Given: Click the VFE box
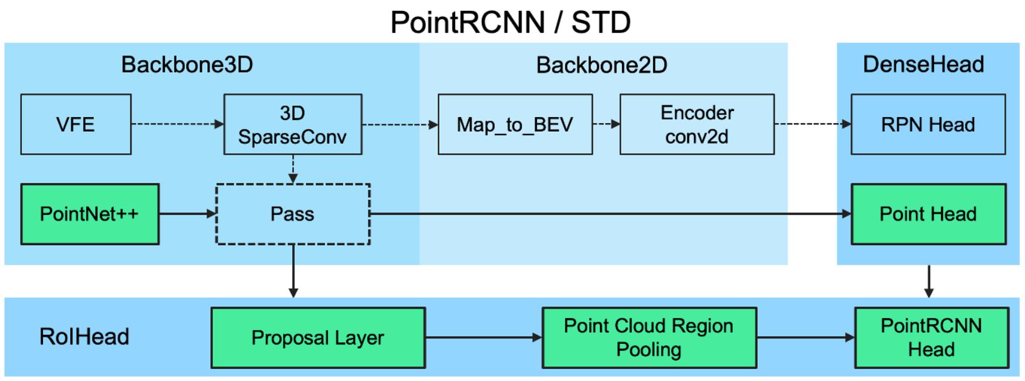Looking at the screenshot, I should pos(76,124).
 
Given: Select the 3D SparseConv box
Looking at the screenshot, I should pos(293,124).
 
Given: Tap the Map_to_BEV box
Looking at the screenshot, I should pos(515,124).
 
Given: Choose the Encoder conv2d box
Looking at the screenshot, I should pos(697,124).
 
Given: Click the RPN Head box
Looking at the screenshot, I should pos(928,124).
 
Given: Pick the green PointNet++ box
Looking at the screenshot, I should pos(90,214).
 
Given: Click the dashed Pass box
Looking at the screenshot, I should pos(293,214).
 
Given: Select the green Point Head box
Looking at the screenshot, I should pos(928,214).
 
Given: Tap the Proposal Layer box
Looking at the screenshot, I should pos(318,338).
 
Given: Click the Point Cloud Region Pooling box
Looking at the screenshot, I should pos(649,338).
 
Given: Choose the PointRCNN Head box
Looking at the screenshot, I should pos(932,338).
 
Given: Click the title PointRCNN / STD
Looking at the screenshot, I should pos(510,22).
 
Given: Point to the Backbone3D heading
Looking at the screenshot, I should pos(187,65).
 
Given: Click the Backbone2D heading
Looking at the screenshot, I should pos(601,65).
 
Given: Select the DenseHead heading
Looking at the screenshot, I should pos(923,64).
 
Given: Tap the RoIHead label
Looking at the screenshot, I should pos(84,337).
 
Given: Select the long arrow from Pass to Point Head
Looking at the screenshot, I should pos(606,214).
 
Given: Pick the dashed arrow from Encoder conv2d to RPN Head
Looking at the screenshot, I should pos(812,124).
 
